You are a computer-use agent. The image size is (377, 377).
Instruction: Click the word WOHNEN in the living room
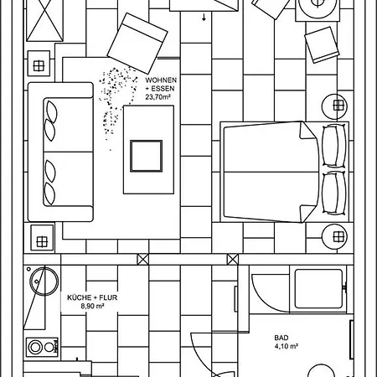click(x=161, y=80)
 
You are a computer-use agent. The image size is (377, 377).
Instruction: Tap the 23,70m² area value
click(x=158, y=97)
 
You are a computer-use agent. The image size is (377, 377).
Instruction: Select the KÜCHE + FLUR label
click(x=92, y=297)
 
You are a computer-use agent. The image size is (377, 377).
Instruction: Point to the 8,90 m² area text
click(x=92, y=306)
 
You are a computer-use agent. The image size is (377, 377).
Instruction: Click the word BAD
click(x=281, y=338)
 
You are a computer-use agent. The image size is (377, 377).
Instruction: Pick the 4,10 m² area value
click(x=287, y=347)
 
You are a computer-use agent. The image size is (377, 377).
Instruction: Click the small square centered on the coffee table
click(x=146, y=156)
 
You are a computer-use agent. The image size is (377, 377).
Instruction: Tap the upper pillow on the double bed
click(x=334, y=146)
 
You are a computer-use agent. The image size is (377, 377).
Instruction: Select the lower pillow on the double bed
click(x=334, y=193)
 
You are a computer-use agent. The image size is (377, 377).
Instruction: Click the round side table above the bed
click(x=335, y=106)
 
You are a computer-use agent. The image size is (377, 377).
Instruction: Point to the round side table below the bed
click(x=335, y=237)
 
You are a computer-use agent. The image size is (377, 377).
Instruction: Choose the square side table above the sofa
click(x=39, y=64)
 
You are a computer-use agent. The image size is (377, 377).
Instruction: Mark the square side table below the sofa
click(x=42, y=237)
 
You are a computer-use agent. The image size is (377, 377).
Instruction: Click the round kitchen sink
click(x=44, y=281)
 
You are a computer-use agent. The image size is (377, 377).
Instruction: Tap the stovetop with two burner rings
click(x=43, y=347)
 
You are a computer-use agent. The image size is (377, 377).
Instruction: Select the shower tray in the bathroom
click(x=318, y=289)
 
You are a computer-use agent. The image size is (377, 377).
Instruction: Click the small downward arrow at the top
click(x=204, y=18)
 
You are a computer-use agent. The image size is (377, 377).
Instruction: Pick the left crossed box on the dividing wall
click(x=143, y=260)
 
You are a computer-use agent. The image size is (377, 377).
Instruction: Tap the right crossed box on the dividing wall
click(x=233, y=260)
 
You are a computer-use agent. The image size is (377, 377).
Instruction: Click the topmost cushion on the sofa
click(x=52, y=111)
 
